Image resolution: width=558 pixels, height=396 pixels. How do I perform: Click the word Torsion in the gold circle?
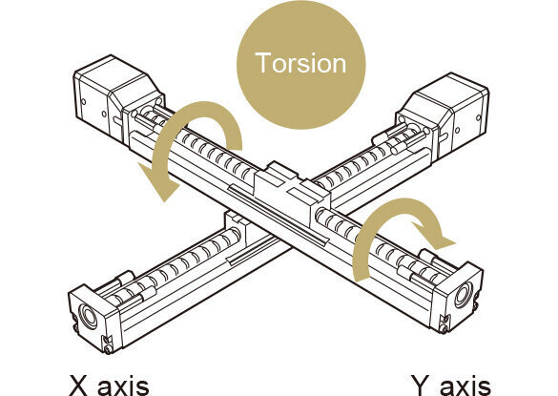click(300, 63)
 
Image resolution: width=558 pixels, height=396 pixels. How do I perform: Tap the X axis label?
click(109, 385)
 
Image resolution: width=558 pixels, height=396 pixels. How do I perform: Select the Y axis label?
click(451, 386)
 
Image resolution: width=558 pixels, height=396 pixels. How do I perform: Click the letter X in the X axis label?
click(78, 385)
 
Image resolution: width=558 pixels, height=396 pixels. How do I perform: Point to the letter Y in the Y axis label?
click(420, 386)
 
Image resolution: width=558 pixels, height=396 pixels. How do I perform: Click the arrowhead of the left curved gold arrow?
click(158, 181)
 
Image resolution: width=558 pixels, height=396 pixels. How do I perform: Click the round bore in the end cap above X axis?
click(88, 316)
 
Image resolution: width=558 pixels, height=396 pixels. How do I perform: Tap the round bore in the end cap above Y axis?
click(464, 294)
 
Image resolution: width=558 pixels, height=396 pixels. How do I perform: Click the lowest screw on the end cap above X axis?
click(109, 350)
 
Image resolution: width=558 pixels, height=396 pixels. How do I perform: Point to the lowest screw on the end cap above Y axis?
click(444, 330)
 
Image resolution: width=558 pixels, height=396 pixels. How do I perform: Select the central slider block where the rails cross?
click(292, 193)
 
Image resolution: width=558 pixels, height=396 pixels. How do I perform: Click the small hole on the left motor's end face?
click(83, 101)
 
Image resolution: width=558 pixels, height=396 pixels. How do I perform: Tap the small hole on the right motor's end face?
click(479, 117)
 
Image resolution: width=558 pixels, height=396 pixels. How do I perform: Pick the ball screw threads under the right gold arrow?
click(374, 242)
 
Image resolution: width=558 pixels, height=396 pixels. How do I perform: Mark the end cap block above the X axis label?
click(95, 319)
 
